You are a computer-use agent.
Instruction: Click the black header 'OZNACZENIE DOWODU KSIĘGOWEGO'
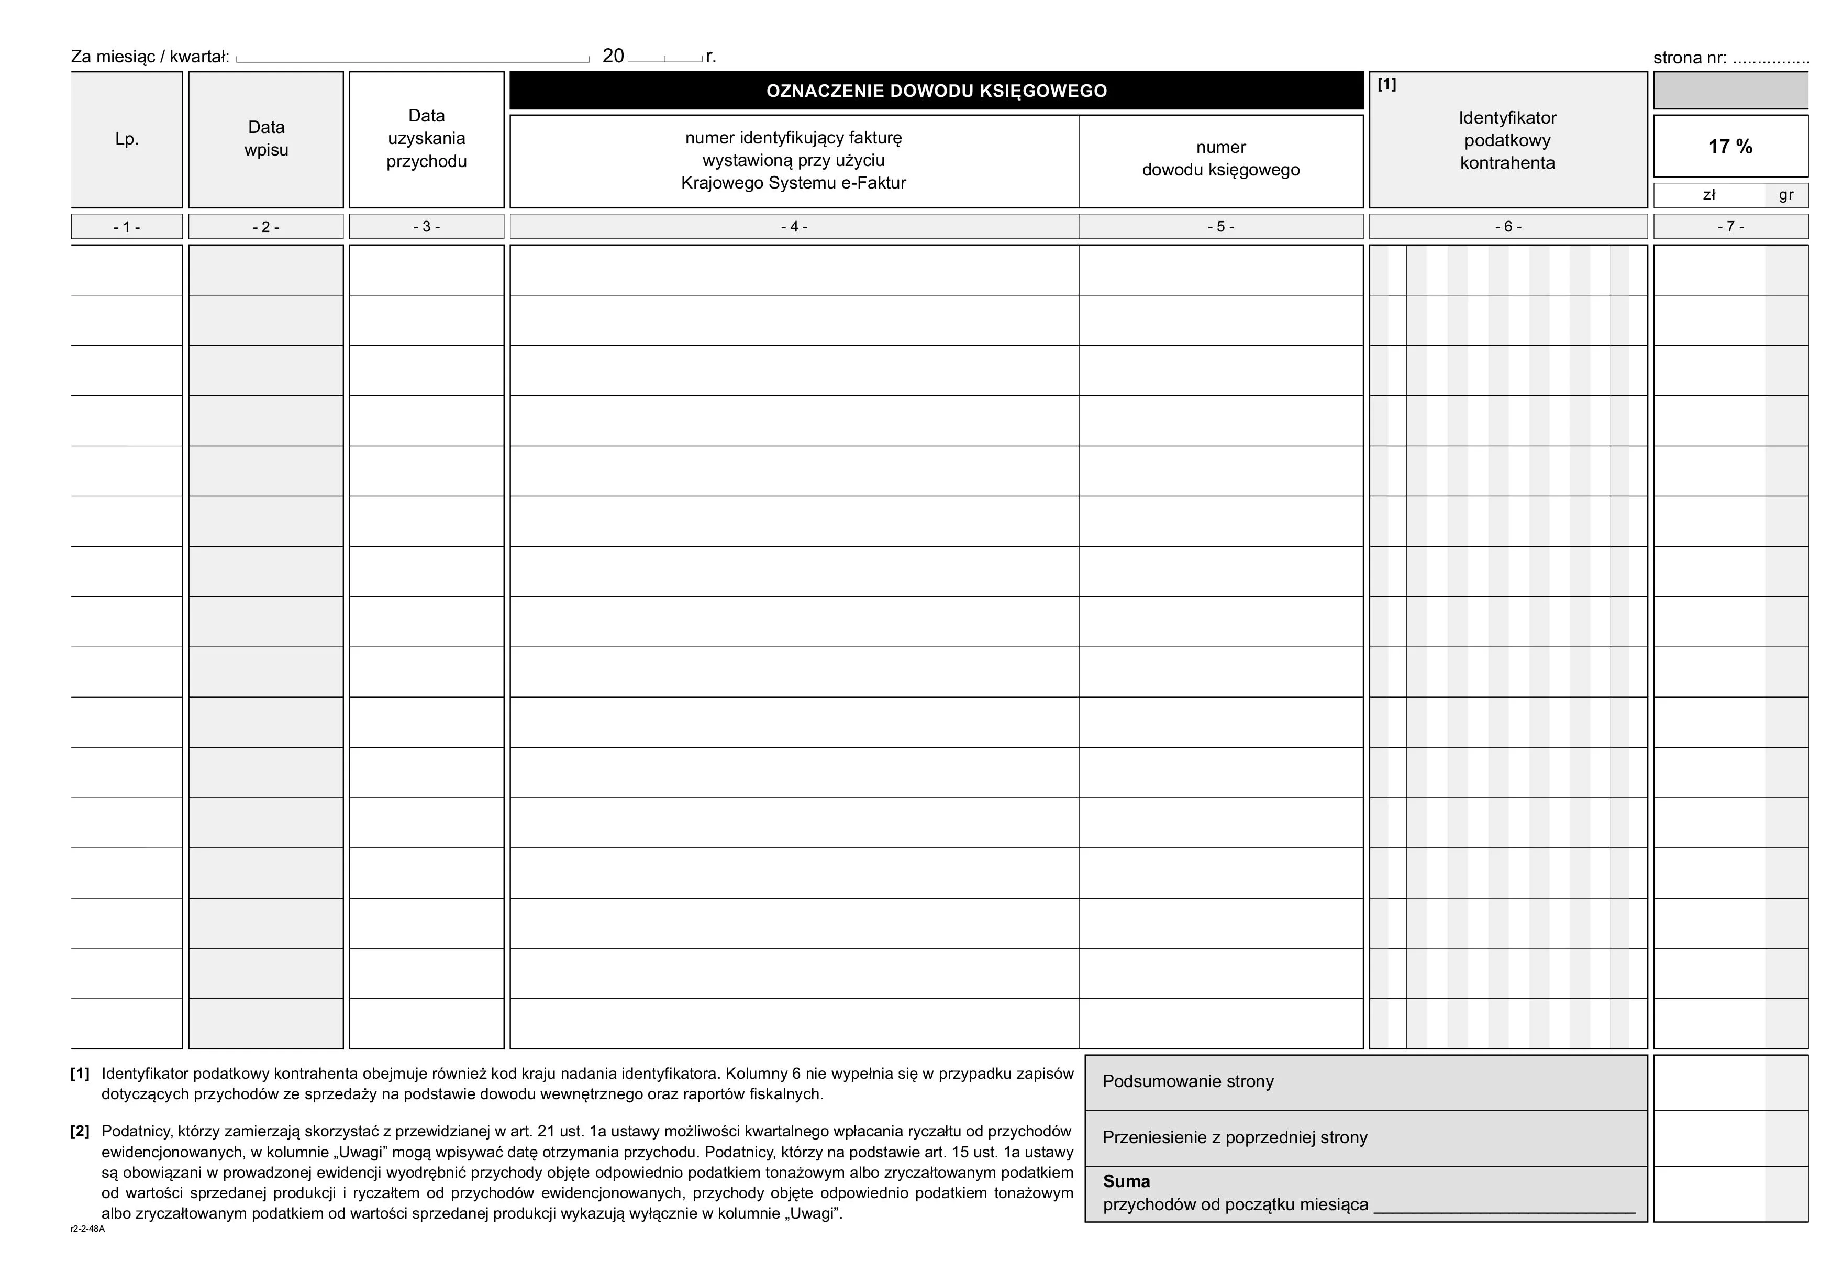(x=936, y=91)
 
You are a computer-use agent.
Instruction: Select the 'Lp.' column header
(x=127, y=139)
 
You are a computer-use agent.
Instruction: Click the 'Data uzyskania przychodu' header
(x=426, y=139)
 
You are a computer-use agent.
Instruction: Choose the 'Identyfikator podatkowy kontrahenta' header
(x=1507, y=140)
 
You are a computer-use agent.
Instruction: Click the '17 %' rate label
(x=1730, y=147)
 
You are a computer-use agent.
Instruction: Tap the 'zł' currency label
(x=1708, y=195)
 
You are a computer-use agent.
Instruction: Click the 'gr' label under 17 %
(x=1786, y=195)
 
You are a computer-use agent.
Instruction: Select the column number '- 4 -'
(x=794, y=227)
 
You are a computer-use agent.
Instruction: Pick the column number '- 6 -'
(x=1507, y=227)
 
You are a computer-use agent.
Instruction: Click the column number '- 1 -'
(x=127, y=227)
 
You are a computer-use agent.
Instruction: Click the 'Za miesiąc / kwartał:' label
(x=150, y=57)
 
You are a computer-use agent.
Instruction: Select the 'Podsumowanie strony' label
(x=1187, y=1082)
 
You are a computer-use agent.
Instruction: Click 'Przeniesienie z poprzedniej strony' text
(x=1235, y=1138)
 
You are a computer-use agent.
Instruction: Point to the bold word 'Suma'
(x=1126, y=1181)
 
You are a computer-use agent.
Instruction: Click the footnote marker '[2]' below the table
(x=80, y=1132)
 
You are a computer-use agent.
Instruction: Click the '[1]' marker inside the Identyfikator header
(x=1387, y=85)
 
